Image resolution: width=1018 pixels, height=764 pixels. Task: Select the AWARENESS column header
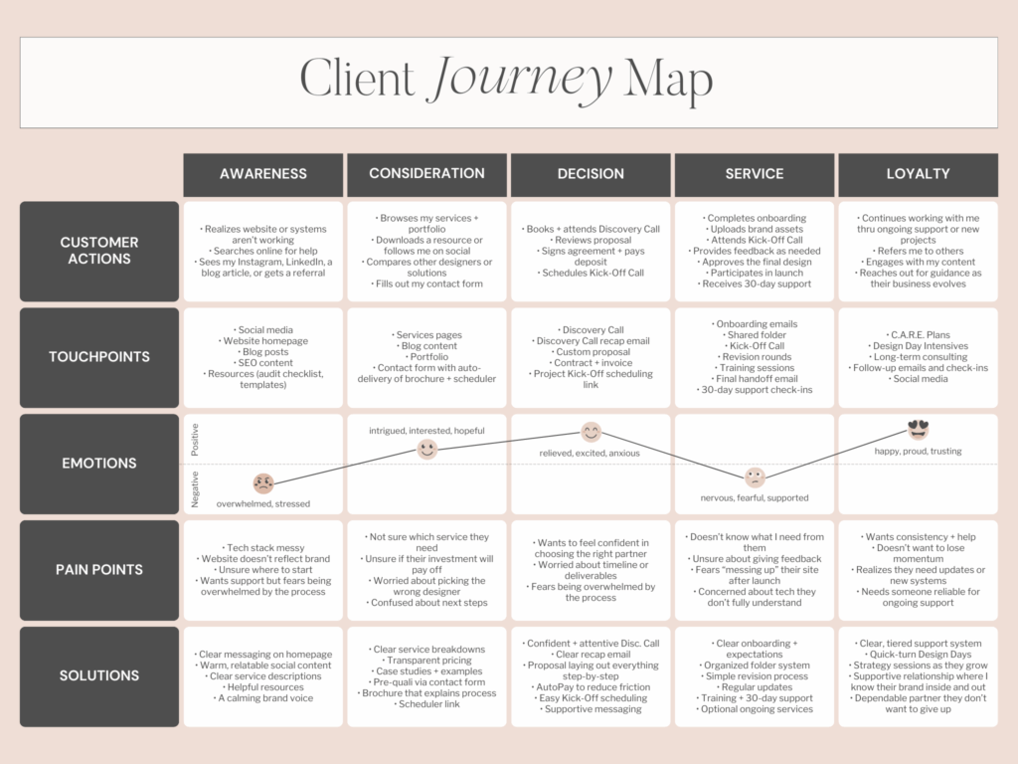[263, 174]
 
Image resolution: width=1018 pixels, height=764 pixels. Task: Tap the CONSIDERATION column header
[426, 174]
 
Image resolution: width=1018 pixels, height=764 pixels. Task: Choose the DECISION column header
[591, 174]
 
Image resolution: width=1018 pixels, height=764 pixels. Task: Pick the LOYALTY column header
[918, 174]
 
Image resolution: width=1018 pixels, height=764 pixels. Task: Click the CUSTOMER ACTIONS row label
[99, 251]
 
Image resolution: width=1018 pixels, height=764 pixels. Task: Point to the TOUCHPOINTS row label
[99, 357]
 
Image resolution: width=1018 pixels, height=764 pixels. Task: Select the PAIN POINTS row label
[99, 570]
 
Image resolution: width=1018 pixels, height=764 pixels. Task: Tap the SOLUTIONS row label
[99, 675]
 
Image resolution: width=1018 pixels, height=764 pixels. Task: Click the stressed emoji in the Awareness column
[263, 483]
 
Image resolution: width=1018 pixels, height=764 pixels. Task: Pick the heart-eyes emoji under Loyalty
[918, 430]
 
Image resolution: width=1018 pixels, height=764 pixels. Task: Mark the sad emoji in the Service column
[755, 477]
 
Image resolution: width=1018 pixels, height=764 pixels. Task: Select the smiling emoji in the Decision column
[592, 432]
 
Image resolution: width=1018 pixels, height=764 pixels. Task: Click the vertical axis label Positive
[195, 440]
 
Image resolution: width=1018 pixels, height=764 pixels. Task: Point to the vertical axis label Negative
[195, 488]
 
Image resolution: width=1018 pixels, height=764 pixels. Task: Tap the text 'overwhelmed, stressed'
[263, 504]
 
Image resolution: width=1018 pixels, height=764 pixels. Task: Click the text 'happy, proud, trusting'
[918, 452]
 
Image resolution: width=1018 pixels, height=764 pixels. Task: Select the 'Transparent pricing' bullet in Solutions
[428, 661]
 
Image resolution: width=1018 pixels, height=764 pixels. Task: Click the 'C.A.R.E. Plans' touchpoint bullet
[918, 333]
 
